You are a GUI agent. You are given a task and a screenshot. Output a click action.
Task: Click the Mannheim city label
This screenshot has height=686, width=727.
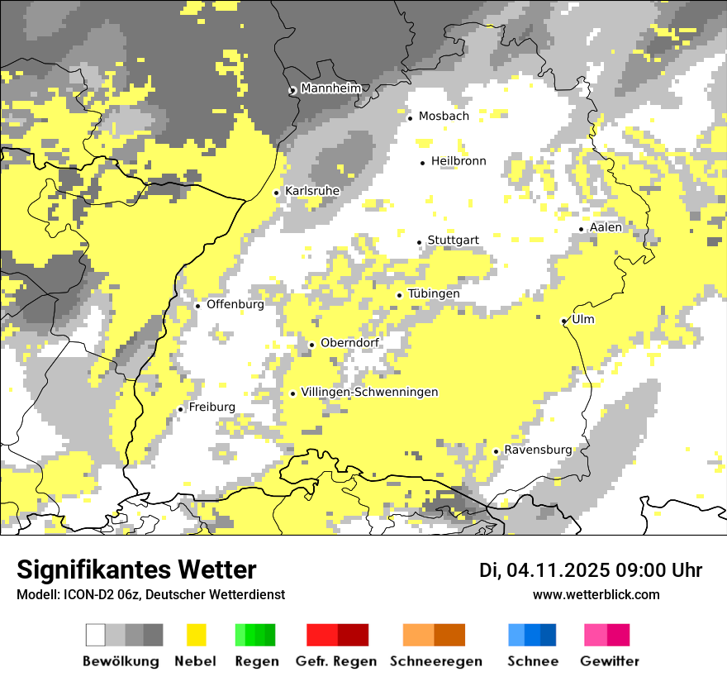click(x=331, y=88)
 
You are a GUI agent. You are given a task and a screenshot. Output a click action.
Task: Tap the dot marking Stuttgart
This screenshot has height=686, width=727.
click(x=420, y=242)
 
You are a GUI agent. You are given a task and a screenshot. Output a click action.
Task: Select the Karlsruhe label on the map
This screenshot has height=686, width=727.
click(x=312, y=191)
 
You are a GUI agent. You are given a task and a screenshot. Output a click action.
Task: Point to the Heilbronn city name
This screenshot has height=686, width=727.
click(x=459, y=161)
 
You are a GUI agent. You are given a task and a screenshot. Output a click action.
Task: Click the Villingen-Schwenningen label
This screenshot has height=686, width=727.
click(x=369, y=392)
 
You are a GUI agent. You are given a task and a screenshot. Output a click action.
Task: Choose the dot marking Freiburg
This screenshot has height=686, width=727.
click(x=180, y=409)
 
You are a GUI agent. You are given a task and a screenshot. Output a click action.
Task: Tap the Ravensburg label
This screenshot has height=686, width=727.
click(x=538, y=450)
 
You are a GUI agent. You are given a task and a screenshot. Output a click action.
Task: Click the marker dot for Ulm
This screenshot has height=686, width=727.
click(x=563, y=322)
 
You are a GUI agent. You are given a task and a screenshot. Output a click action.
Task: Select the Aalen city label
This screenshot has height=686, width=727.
click(x=606, y=227)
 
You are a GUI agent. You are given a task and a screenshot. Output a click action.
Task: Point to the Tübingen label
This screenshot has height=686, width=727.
click(x=434, y=293)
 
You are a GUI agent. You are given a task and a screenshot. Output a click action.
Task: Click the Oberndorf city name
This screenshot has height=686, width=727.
click(x=350, y=343)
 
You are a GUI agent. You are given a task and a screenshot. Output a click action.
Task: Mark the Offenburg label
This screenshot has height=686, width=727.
click(x=235, y=304)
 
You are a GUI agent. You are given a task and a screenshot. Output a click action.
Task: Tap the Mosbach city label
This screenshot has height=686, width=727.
click(x=444, y=117)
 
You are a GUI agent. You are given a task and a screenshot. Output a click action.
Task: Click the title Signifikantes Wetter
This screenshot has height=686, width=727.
click(x=136, y=569)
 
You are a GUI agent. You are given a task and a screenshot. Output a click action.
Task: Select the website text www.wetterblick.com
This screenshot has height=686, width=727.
click(x=596, y=594)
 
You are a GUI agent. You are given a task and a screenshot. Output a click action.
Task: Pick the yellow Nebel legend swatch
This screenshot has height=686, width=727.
click(x=197, y=635)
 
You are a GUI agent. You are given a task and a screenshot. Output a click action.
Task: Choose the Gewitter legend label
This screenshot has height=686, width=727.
click(x=610, y=661)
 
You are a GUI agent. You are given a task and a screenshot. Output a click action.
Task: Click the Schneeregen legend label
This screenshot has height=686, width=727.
click(x=436, y=661)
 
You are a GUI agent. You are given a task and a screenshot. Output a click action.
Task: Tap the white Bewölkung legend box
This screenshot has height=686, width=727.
click(x=96, y=635)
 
